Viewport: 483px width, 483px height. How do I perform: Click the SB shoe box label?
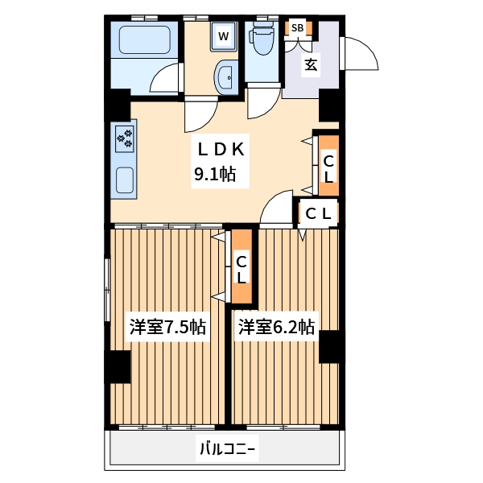pos(297,28)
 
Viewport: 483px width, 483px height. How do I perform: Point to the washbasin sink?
pos(225,79)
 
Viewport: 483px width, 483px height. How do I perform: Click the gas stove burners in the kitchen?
pos(125,138)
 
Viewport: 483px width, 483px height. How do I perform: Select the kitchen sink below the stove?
pos(124,179)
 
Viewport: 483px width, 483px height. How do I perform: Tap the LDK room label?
pos(216,149)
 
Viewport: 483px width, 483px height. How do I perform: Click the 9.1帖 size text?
pos(214,173)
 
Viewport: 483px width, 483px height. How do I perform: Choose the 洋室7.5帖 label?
pos(167,328)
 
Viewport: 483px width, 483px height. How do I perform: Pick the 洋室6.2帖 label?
pos(275,328)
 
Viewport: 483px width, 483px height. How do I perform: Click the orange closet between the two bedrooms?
pos(242,268)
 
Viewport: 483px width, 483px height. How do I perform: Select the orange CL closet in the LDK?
pos(328,167)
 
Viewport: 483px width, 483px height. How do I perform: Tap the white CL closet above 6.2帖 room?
pos(317,213)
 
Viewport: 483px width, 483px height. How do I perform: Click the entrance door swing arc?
pos(360,54)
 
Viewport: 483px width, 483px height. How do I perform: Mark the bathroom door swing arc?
pos(166,80)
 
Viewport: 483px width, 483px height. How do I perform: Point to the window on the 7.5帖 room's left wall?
pos(107,290)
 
